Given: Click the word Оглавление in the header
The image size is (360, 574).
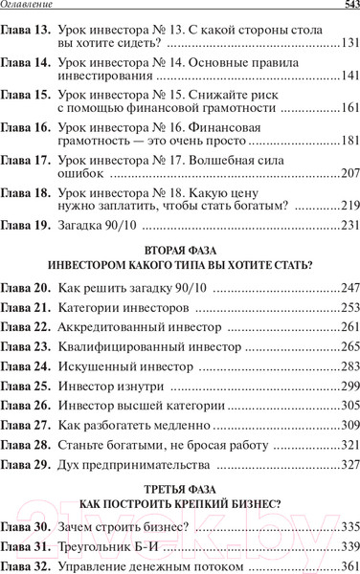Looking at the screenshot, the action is [33, 9].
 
